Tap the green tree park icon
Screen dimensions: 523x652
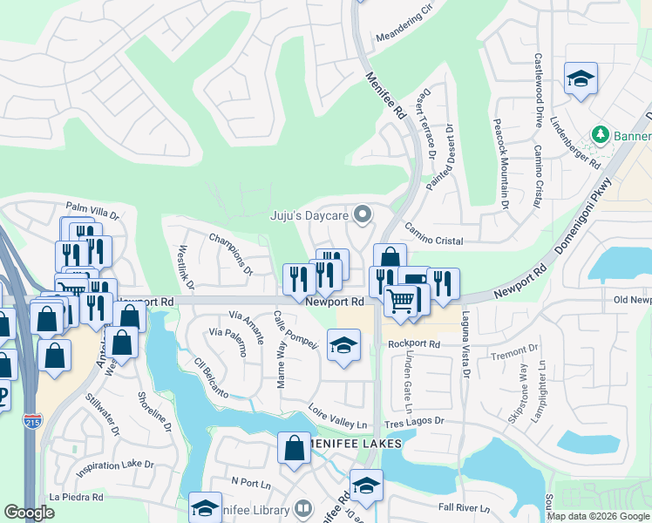600,136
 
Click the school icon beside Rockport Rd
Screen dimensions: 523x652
343,344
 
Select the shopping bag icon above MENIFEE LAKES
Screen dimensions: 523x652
295,447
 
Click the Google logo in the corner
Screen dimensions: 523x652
29,512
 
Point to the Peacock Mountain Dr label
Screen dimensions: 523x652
500,164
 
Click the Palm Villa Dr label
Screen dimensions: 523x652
92,211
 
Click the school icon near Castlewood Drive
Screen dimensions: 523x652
581,79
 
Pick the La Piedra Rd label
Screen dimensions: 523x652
77,497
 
